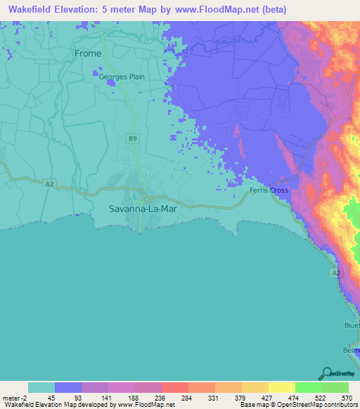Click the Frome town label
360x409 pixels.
point(88,53)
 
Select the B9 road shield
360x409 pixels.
point(132,139)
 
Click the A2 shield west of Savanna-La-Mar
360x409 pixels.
point(49,184)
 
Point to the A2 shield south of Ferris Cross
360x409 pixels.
point(336,272)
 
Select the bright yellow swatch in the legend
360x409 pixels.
point(281,387)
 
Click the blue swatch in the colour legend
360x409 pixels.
point(67,387)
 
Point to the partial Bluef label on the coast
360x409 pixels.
point(352,325)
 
